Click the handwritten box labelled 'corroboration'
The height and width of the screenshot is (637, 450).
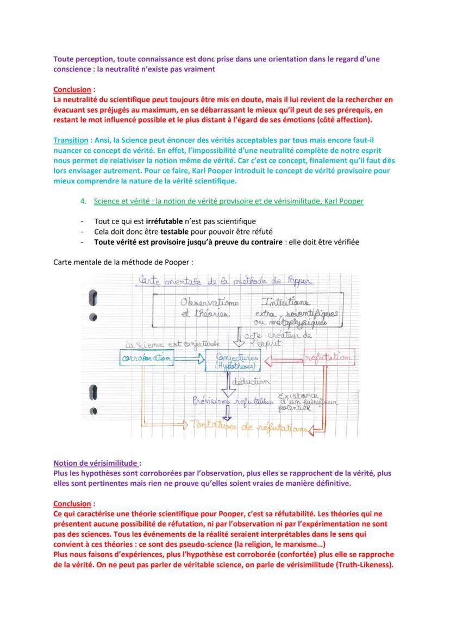point(146,358)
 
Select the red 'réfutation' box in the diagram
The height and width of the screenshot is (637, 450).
point(328,358)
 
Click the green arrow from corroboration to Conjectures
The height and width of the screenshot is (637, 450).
point(190,358)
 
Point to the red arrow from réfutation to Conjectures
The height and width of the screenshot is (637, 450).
point(283,358)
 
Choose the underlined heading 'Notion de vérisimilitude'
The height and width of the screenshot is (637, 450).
point(95,463)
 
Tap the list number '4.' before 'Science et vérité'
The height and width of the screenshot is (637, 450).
point(83,201)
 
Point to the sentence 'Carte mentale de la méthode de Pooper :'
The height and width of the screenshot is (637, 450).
point(123,262)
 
